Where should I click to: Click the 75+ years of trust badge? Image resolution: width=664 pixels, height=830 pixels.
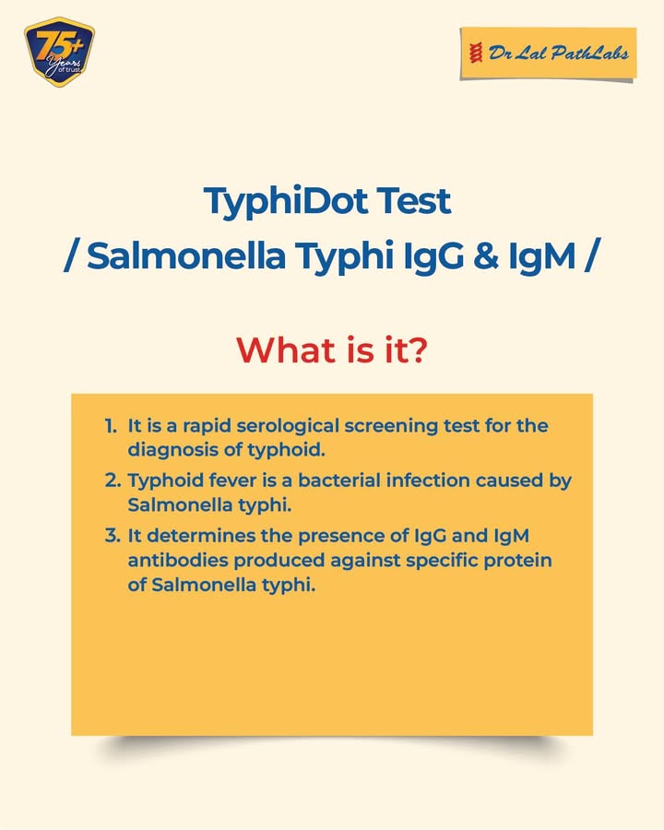59,52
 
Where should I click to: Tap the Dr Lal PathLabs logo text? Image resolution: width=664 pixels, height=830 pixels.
559,53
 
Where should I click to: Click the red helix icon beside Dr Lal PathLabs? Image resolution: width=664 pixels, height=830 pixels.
476,53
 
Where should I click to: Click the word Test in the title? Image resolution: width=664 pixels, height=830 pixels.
414,201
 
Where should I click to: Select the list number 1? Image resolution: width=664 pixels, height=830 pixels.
110,426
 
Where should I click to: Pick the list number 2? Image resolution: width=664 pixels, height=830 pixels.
113,480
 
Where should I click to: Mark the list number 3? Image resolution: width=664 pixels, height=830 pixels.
113,536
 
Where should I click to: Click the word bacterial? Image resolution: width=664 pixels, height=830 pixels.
338,480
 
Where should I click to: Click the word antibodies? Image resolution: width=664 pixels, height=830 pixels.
178,560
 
